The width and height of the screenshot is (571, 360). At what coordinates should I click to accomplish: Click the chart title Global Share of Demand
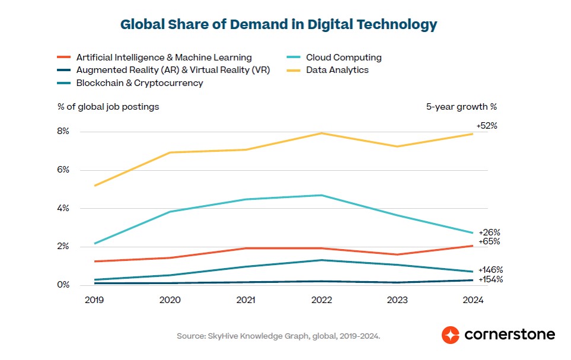coord(279,25)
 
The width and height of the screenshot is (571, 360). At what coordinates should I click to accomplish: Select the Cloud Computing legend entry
coord(343,58)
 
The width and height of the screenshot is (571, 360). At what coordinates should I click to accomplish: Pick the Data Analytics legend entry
coord(337,70)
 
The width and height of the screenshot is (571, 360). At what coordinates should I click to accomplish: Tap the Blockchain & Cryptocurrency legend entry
coord(139,83)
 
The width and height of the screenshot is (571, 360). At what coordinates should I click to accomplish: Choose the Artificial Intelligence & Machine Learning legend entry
coord(164,58)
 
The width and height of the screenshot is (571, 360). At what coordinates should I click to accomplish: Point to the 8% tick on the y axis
coord(63,132)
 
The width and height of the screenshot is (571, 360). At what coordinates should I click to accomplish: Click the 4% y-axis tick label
coord(63,208)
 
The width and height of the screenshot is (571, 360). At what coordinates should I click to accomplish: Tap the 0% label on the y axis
coord(63,285)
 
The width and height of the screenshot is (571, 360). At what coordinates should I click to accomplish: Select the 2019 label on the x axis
coord(94,300)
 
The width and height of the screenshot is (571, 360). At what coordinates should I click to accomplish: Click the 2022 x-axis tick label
coord(321,300)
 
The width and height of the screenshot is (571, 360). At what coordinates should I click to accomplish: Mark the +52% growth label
coord(486,126)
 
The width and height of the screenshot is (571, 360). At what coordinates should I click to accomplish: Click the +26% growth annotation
coord(489,232)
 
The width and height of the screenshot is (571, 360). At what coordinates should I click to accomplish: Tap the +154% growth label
coord(490,279)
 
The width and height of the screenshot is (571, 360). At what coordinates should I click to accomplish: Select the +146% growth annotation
coord(490,270)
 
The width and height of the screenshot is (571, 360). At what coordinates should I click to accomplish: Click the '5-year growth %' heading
coord(461,107)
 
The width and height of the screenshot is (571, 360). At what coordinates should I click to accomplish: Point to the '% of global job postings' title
coord(108,107)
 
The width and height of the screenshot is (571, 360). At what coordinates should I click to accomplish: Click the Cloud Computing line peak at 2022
coord(321,195)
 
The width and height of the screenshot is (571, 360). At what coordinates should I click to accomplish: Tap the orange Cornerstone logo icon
coord(451,334)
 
